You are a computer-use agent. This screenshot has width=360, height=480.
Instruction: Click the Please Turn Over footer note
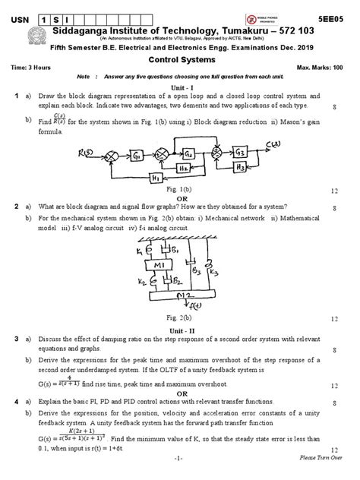[320, 459]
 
